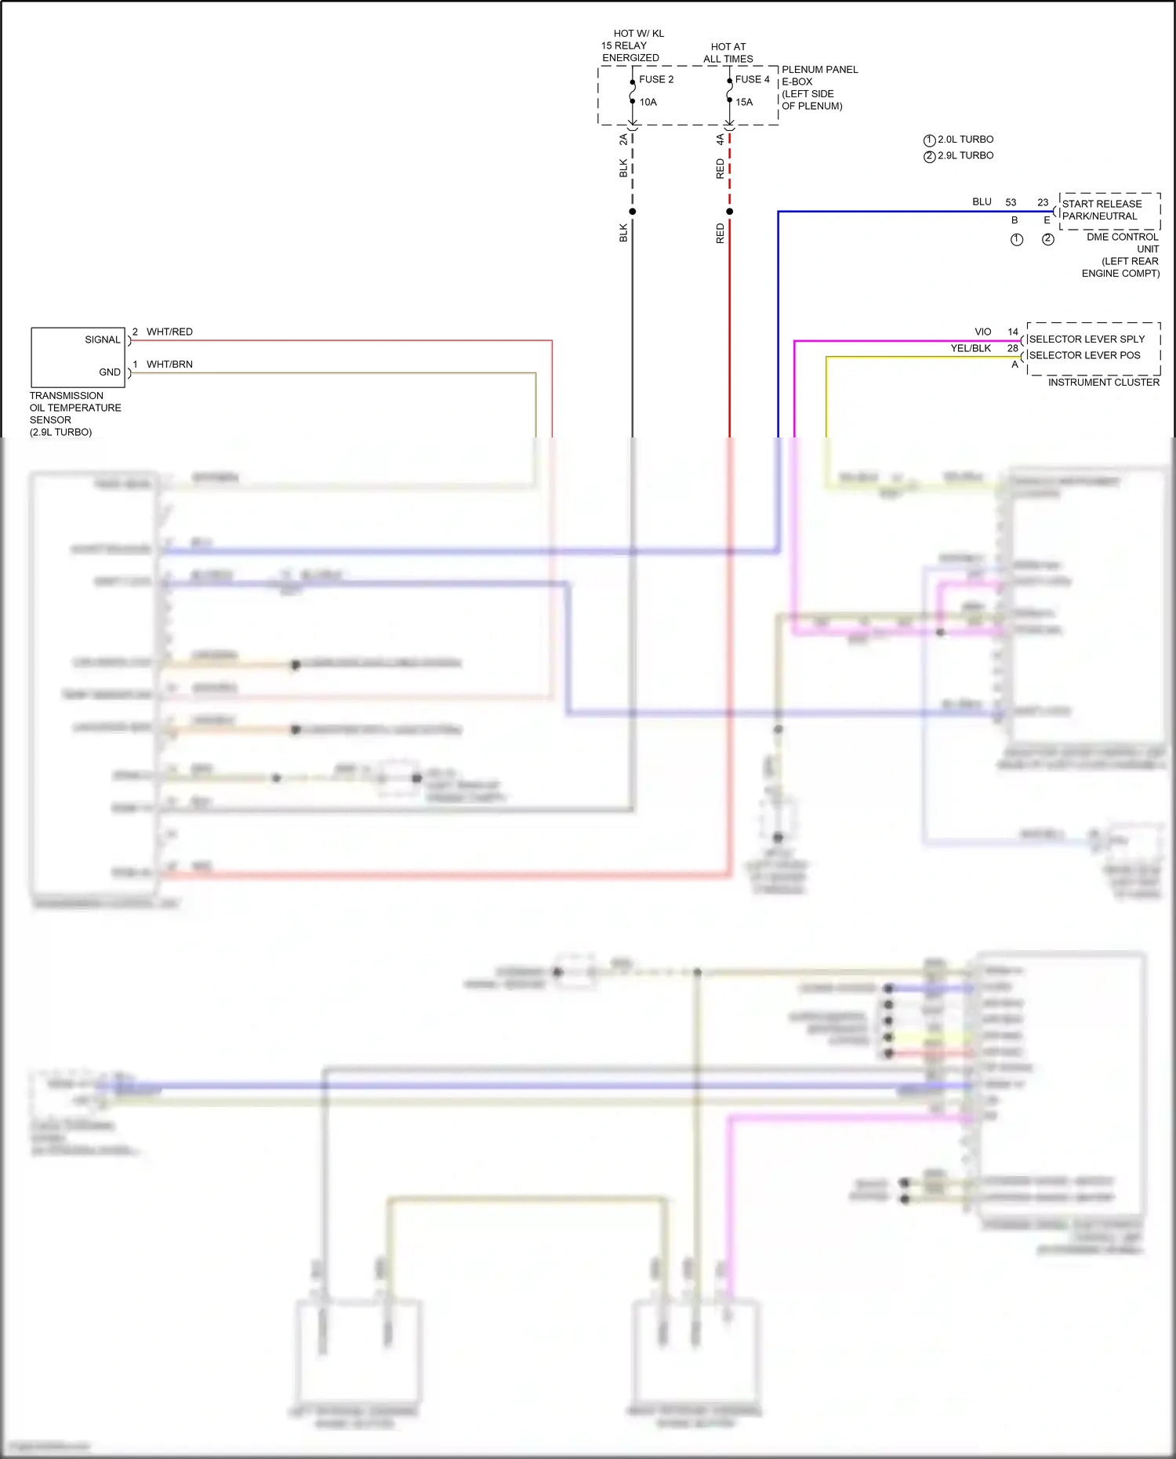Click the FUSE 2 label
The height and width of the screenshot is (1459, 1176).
click(655, 79)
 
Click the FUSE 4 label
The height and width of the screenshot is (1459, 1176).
click(752, 79)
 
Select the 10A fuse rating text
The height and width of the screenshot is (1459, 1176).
click(648, 102)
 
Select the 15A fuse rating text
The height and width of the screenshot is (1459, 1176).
click(743, 102)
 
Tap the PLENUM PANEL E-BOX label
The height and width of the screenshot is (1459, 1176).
click(818, 75)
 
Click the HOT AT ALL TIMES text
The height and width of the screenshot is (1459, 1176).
click(728, 53)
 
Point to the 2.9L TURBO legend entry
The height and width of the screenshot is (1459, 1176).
click(964, 155)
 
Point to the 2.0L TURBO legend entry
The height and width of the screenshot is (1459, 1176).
click(964, 139)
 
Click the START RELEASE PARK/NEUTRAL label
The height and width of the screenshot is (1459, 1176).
click(1101, 209)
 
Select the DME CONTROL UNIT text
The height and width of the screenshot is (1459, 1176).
click(1122, 242)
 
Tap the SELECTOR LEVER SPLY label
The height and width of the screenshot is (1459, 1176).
click(1086, 339)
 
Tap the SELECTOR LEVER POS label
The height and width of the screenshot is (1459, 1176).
click(1083, 355)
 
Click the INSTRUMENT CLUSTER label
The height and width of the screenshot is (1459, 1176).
click(1103, 382)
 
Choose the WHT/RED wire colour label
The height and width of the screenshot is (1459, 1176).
click(169, 332)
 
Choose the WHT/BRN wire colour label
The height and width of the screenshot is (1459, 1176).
click(169, 364)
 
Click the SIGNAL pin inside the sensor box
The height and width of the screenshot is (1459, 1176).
click(103, 339)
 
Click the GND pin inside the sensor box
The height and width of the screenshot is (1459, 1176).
click(110, 372)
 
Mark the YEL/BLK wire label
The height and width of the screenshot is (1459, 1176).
click(970, 348)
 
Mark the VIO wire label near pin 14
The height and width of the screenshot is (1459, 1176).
click(982, 332)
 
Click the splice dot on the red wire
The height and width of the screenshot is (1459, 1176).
click(729, 211)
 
